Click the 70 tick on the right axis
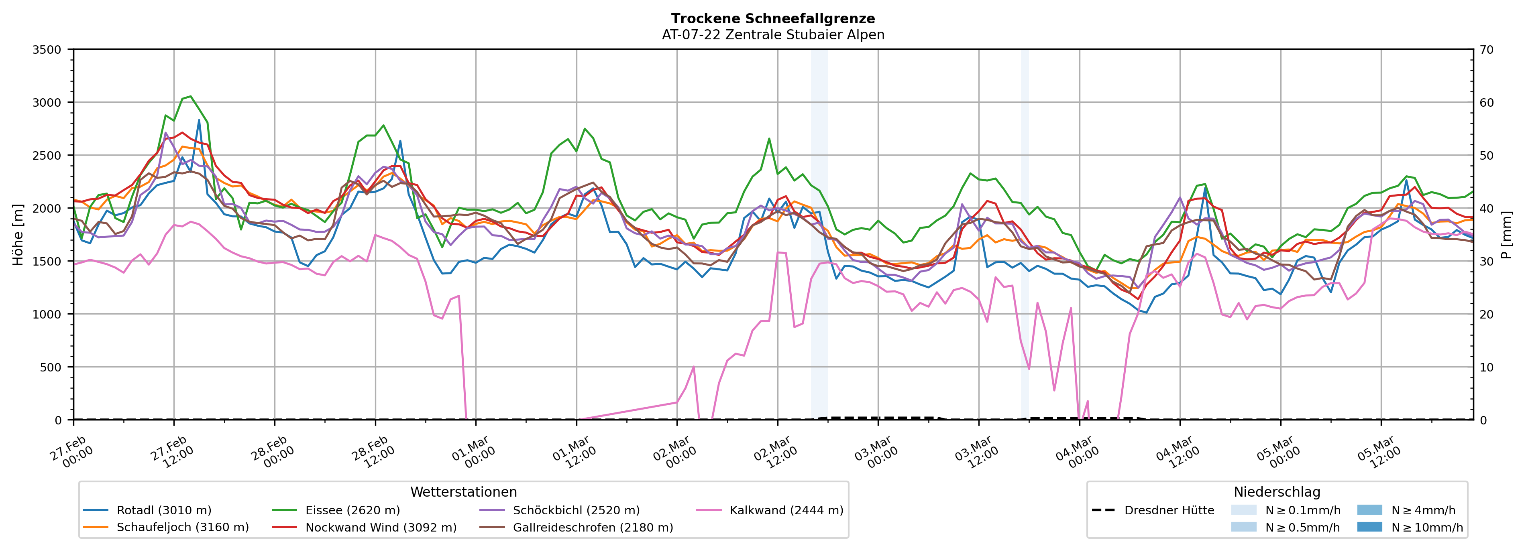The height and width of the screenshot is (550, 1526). pos(1486,50)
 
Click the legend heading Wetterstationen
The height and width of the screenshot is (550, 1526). pos(463,492)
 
